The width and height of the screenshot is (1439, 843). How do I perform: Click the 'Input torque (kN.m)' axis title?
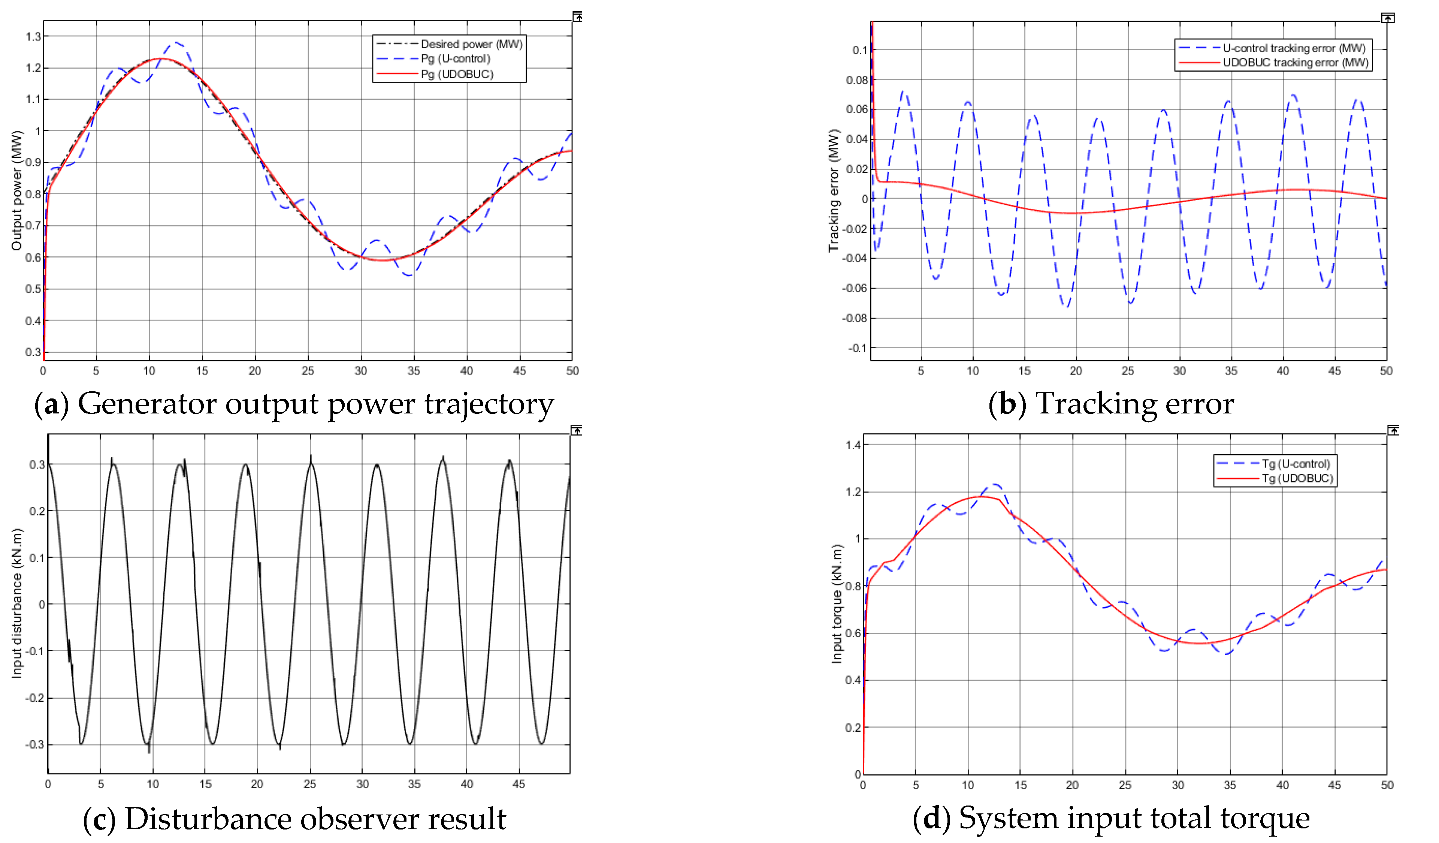837,604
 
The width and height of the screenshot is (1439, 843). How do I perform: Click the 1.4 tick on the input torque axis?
853,445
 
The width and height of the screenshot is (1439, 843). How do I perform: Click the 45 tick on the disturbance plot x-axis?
519,784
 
